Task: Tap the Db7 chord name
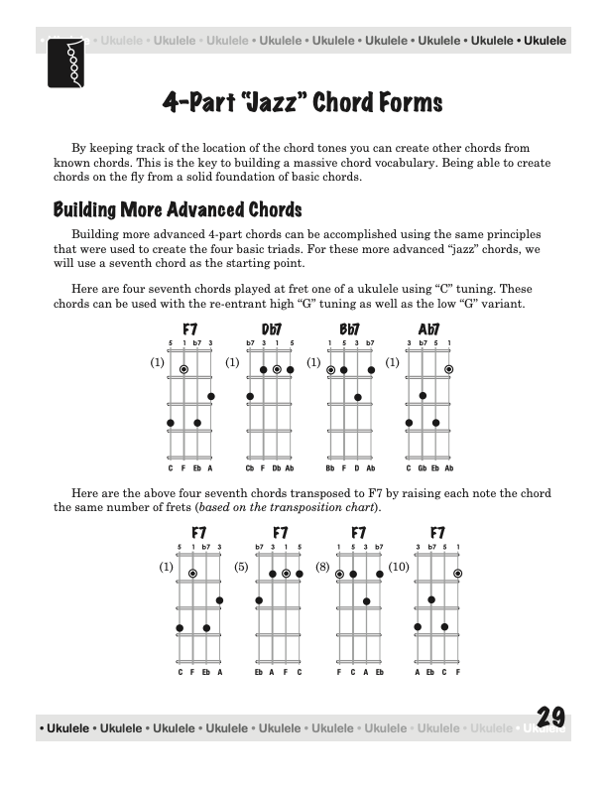pos(271,330)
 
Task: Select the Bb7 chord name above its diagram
pos(349,330)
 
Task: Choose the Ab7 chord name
pos(428,330)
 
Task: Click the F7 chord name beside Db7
pos(190,330)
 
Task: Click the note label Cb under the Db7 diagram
pos(250,467)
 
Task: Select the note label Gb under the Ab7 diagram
pos(422,467)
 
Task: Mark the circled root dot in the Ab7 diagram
pos(448,369)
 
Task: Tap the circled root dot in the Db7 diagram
pos(277,369)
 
